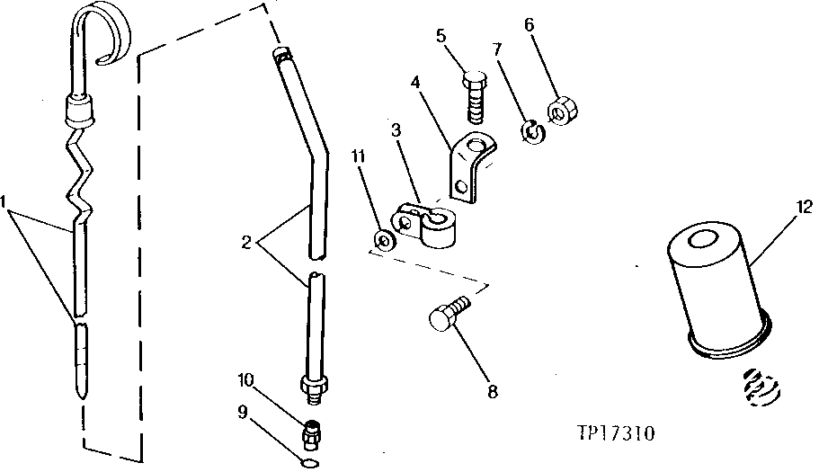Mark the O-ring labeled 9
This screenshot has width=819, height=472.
pos(308,464)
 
